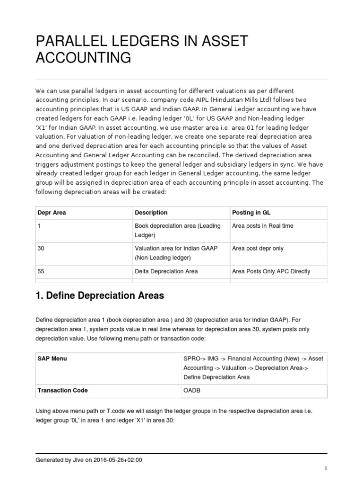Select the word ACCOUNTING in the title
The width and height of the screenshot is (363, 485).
click(x=83, y=58)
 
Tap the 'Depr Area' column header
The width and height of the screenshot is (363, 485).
click(x=52, y=213)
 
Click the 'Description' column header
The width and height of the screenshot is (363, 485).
click(x=151, y=213)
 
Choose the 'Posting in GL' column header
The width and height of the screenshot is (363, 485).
click(x=251, y=213)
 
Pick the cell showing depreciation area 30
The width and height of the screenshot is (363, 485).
click(x=41, y=249)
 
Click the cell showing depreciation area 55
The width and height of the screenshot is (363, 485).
click(x=41, y=271)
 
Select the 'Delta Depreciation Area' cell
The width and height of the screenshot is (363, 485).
click(x=166, y=271)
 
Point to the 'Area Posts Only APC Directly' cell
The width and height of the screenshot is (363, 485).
click(x=271, y=271)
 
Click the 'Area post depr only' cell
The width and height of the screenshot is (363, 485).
click(x=258, y=249)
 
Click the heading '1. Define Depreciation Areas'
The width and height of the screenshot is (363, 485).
click(x=100, y=296)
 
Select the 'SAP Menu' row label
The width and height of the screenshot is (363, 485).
click(x=52, y=359)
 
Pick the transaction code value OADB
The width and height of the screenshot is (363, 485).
click(x=192, y=391)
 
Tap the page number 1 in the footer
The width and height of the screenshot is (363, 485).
click(x=326, y=468)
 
